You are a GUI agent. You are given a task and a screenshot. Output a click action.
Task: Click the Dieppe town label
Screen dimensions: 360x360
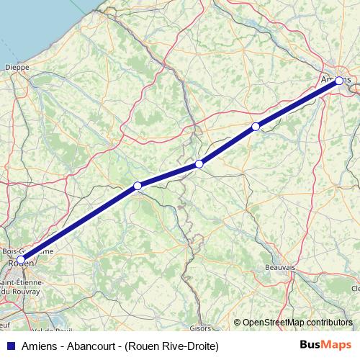click(17, 68)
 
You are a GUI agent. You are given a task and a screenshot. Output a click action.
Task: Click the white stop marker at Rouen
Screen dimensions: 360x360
click(21, 259)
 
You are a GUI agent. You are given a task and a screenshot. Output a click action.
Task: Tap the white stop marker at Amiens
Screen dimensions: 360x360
click(339, 81)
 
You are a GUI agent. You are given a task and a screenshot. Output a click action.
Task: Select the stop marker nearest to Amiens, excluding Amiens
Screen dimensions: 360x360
click(256, 127)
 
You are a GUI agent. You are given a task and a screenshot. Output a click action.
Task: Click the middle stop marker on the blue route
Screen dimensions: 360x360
click(199, 164)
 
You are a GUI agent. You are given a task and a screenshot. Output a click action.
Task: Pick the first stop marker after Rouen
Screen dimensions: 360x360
click(137, 186)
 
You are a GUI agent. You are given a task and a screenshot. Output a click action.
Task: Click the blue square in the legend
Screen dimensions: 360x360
click(10, 346)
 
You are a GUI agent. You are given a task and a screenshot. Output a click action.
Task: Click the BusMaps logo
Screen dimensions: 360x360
click(325, 346)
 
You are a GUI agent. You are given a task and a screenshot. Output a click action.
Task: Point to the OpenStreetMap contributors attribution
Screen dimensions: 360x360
click(298, 322)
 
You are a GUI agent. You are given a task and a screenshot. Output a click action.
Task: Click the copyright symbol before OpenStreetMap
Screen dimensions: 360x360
click(238, 322)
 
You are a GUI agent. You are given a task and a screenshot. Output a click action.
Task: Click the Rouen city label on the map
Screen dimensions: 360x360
click(20, 264)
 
